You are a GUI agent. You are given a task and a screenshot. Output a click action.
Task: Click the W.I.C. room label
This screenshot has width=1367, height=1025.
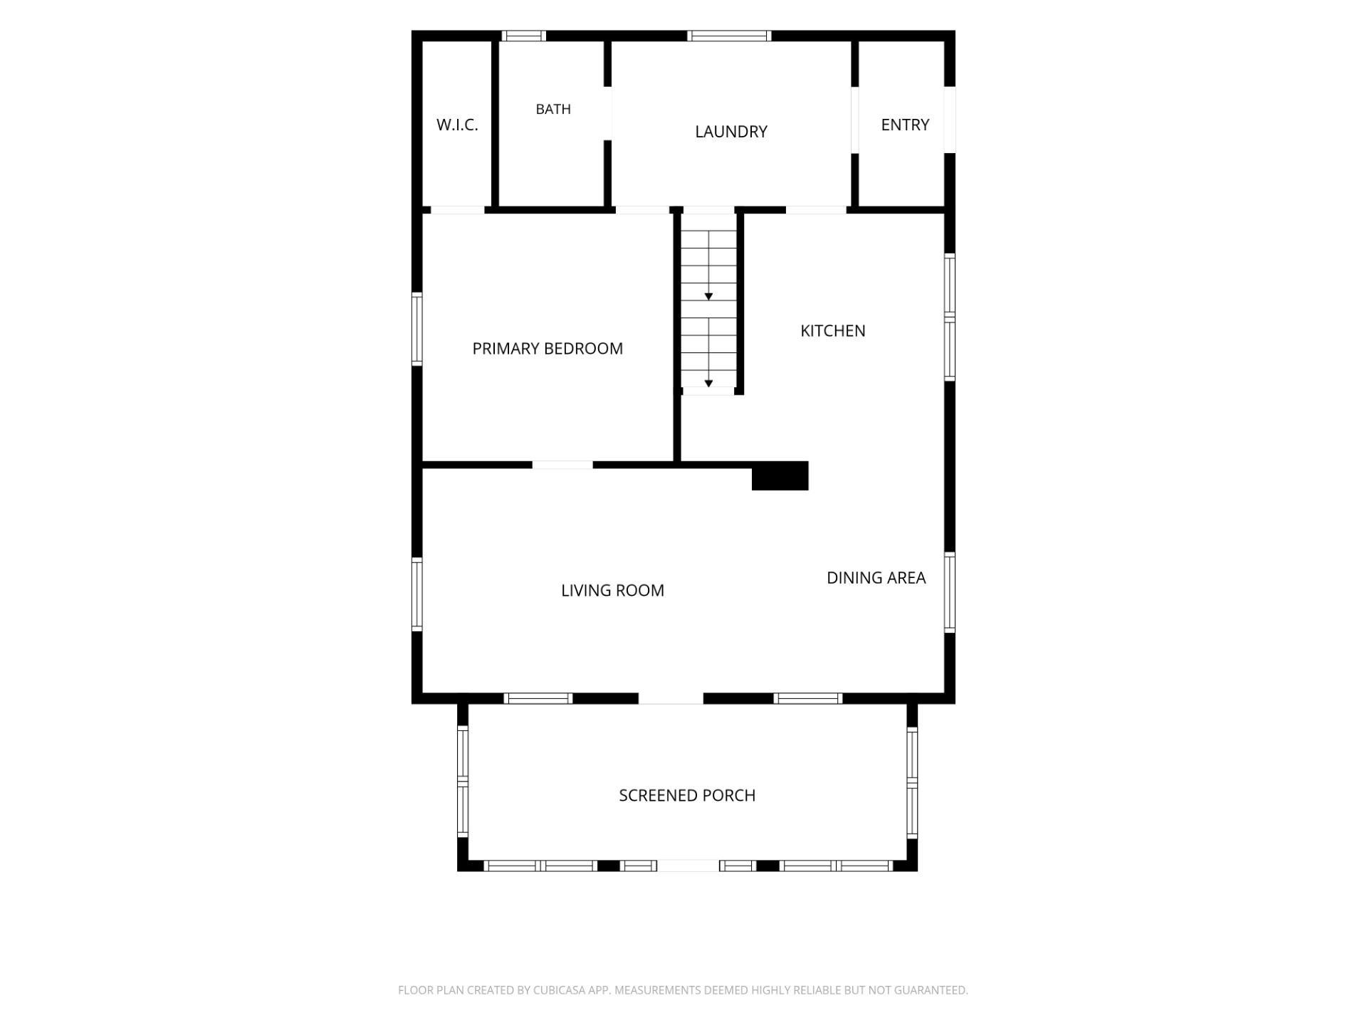457,125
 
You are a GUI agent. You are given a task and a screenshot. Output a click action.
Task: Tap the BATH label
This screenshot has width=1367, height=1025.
553,109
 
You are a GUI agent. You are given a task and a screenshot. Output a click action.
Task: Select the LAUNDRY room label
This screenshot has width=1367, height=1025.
731,132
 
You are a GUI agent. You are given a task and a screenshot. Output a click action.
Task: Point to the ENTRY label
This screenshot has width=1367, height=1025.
905,125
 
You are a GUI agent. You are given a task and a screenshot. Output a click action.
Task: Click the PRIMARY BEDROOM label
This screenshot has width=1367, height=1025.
548,348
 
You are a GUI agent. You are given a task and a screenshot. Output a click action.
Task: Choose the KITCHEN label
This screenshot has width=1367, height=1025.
833,330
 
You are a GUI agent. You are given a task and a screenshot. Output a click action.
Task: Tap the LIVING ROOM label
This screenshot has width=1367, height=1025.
612,590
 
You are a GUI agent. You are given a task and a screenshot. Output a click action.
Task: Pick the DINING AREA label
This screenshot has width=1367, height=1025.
876,578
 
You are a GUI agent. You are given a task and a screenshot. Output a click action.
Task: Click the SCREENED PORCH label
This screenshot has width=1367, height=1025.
687,795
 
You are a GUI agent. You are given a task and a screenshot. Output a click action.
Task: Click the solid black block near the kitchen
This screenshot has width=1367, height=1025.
780,475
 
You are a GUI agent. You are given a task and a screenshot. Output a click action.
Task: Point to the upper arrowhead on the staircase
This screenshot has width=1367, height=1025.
708,296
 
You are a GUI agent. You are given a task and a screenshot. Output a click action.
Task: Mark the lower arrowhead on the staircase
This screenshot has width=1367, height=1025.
708,384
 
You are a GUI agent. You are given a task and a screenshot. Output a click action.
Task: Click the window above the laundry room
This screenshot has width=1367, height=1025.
729,36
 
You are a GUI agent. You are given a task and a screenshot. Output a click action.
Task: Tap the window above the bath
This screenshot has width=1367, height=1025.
524,36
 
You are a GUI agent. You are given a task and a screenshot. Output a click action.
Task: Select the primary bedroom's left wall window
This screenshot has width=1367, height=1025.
417,330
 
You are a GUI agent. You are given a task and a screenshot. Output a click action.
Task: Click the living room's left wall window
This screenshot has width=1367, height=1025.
417,594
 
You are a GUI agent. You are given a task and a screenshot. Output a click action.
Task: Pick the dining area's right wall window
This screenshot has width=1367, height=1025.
950,592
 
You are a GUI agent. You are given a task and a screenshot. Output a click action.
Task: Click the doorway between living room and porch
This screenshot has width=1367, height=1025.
671,699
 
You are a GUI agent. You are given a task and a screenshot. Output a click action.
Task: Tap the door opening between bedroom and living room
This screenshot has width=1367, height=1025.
562,465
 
